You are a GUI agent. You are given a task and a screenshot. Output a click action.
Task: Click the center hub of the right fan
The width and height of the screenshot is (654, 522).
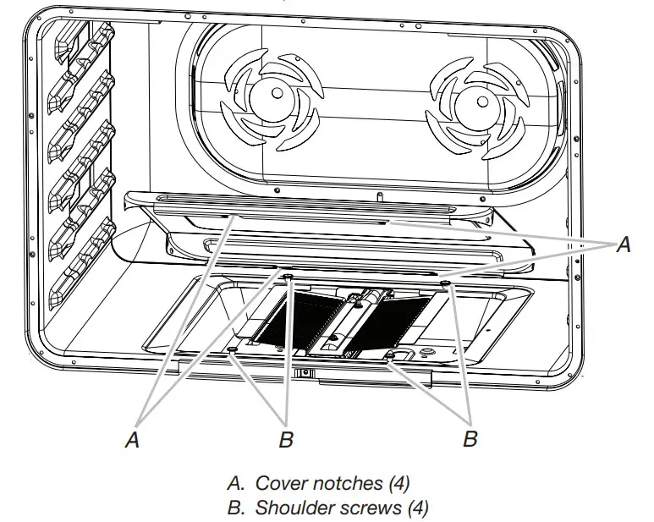click(x=481, y=102)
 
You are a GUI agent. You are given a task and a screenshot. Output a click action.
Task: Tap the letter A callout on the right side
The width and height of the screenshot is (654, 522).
click(x=624, y=245)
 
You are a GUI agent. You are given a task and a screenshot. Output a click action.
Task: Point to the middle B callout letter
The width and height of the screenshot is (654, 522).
click(x=286, y=439)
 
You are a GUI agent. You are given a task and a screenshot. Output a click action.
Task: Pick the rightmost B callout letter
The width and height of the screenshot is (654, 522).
click(x=470, y=438)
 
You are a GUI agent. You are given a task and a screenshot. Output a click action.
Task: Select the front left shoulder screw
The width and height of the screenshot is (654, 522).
click(x=233, y=349)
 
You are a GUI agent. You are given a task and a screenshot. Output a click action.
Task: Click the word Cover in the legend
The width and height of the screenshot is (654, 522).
click(x=279, y=483)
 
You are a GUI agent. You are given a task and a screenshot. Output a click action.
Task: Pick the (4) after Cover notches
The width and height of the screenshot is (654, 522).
click(x=399, y=483)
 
